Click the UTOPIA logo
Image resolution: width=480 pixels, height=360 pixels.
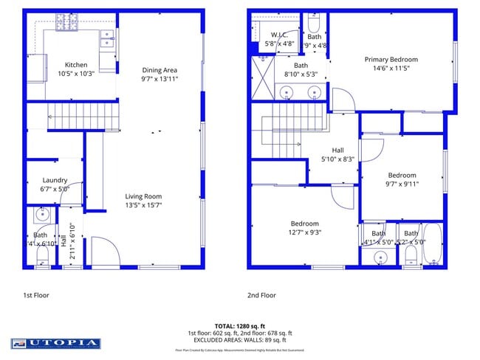pos(55,343)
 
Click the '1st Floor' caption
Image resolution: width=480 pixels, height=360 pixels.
pos(38,295)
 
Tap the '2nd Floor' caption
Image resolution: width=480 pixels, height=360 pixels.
pos(261,295)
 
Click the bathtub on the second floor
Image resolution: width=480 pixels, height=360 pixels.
pos(433,246)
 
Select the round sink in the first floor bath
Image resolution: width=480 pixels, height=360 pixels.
pos(42,215)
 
